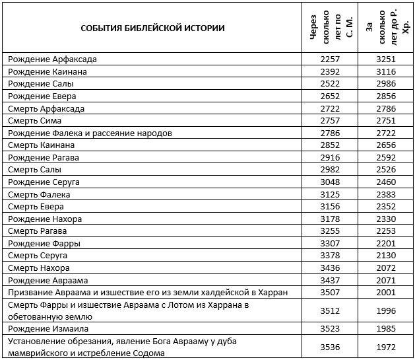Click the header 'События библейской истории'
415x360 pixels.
click(x=152, y=28)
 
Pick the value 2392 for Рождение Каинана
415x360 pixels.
click(x=329, y=71)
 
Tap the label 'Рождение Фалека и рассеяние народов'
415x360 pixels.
click(x=90, y=133)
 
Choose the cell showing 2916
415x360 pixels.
click(x=329, y=157)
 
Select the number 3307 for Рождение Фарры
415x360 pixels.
click(x=329, y=243)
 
